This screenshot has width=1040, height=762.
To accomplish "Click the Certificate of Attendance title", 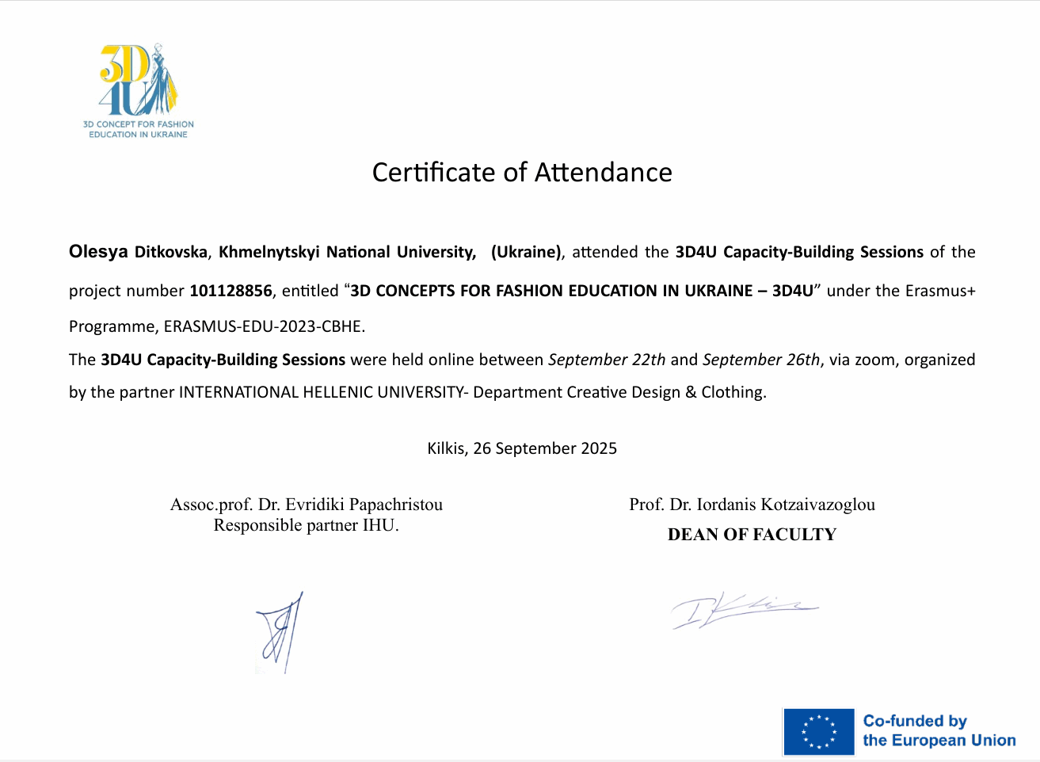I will pos(522,172).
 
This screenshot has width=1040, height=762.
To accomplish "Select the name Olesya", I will pos(98,252).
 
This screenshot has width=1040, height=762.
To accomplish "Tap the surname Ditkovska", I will pos(171,253).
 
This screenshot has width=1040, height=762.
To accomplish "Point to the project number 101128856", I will pos(230,291).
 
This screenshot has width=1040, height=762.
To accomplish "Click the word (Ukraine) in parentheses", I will pos(526,252).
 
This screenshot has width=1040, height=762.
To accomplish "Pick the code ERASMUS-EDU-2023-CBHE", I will pos(263,326).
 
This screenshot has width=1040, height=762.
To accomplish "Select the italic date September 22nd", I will pos(607,360).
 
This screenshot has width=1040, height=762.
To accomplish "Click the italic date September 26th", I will pos(760,360).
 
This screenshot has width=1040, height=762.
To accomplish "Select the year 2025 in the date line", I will pos(599,448).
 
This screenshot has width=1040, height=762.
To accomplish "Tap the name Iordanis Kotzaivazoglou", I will pos(786,505).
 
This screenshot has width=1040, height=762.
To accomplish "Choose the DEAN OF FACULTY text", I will pos(752,535).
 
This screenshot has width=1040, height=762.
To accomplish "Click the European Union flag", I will pos(818,732).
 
